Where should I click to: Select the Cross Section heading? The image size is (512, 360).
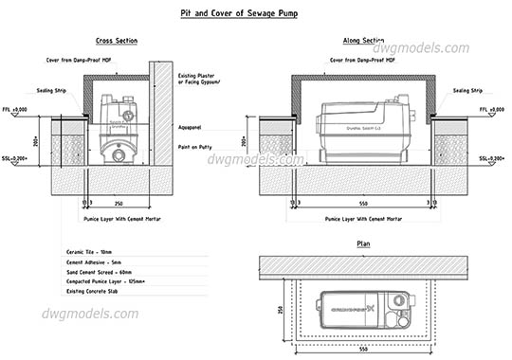click(117, 42)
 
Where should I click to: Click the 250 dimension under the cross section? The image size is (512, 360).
click(118, 203)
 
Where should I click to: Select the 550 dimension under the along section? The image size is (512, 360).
click(365, 203)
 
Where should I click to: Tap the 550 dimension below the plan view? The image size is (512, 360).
click(365, 349)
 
